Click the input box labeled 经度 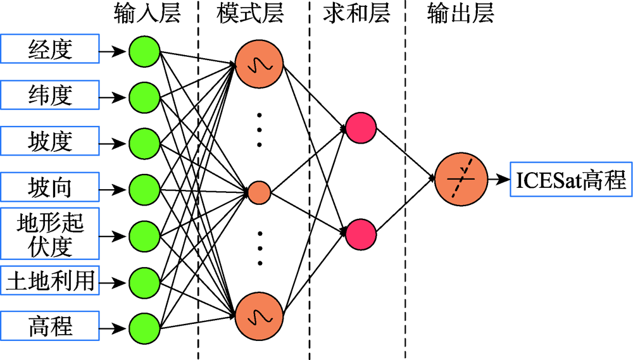pos(50,49)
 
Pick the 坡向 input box pos(50,188)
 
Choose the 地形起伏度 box pos(50,235)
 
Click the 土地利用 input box pos(50,281)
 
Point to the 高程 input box pos(50,327)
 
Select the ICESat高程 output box pos(570,182)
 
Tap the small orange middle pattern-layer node pos(258,192)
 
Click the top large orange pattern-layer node pos(258,65)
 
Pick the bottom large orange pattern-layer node pos(258,314)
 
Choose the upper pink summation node pos(361,128)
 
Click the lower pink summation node pos(361,232)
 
